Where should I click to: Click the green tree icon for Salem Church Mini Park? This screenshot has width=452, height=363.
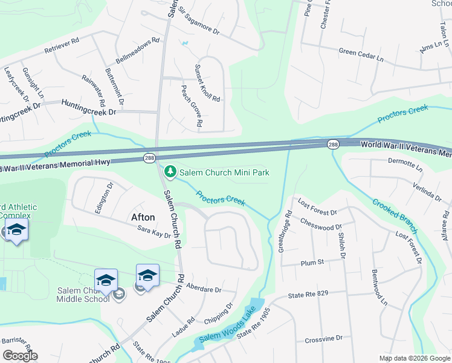tap(171, 172)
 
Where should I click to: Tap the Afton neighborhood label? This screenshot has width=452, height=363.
tap(143, 217)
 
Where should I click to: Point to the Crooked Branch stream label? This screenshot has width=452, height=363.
tap(395, 216)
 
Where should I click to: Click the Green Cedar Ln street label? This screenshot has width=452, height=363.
tap(361, 53)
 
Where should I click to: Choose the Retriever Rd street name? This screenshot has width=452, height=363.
tap(63, 45)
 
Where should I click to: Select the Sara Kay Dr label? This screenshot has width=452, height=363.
tap(154, 232)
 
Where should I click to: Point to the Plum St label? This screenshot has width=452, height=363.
tap(312, 263)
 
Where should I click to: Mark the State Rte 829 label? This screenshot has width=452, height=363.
tap(308, 295)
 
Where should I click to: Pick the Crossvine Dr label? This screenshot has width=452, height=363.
tap(323, 338)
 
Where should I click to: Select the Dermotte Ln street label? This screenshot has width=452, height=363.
tap(405, 164)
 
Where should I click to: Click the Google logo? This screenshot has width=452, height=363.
tap(19, 356)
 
